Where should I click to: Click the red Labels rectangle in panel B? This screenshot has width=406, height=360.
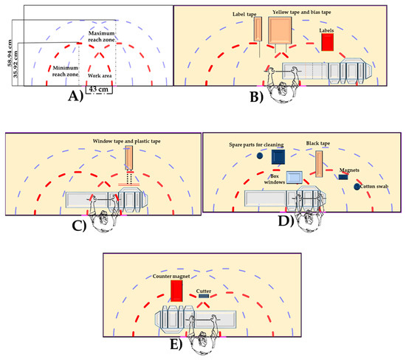(327, 43)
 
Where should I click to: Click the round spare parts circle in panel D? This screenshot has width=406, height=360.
(261, 156)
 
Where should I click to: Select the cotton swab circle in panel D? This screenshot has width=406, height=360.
(357, 187)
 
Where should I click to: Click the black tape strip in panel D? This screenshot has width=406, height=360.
(320, 163)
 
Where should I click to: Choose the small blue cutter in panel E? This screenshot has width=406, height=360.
(204, 297)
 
